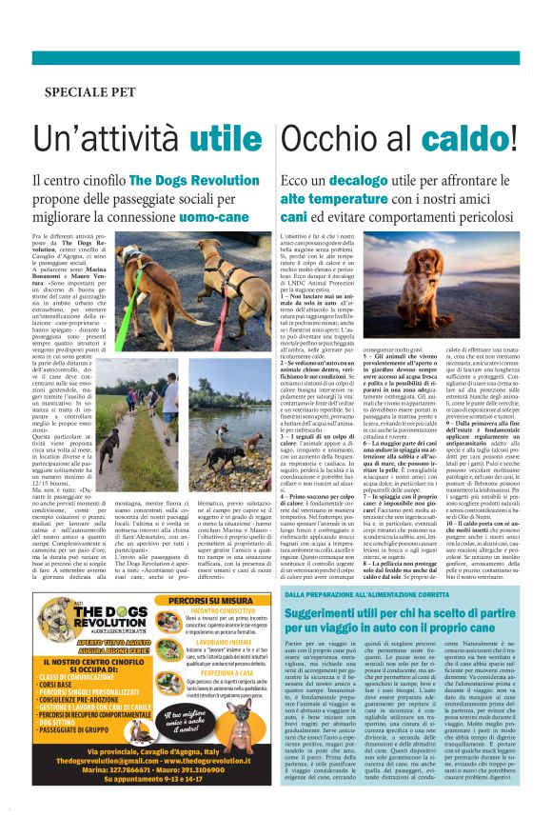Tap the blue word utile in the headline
click(x=225, y=139)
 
